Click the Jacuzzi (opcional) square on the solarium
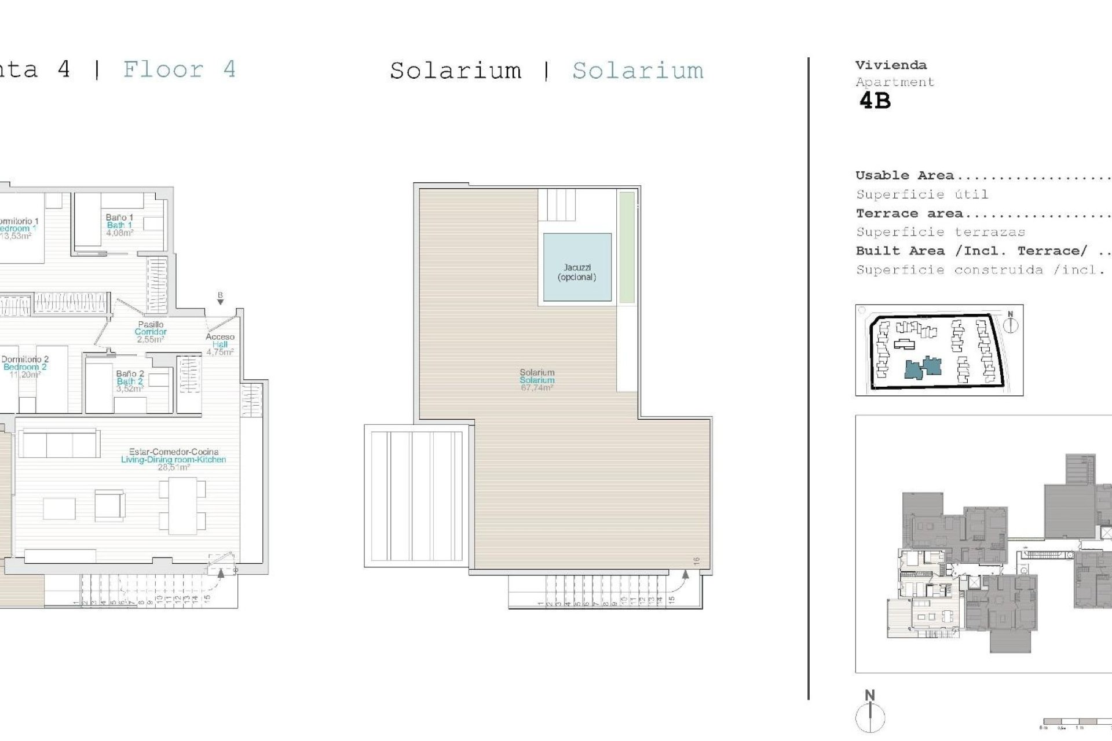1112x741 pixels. pyautogui.click(x=577, y=267)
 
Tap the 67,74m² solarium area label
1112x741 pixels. pyautogui.click(x=537, y=388)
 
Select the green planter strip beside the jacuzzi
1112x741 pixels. pyautogui.click(x=627, y=247)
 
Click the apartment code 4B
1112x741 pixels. pyautogui.click(x=875, y=101)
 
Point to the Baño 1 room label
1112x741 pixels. pyautogui.click(x=119, y=218)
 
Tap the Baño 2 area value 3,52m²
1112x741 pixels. pyautogui.click(x=129, y=389)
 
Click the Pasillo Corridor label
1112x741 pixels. pyautogui.click(x=151, y=328)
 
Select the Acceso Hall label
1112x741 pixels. pyautogui.click(x=220, y=340)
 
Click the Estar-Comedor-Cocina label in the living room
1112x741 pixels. pyautogui.click(x=174, y=452)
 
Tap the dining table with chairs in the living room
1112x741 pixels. pyautogui.click(x=182, y=505)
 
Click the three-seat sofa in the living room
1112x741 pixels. pyautogui.click(x=59, y=444)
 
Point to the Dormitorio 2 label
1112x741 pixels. pyautogui.click(x=25, y=360)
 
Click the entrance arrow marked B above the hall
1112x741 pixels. pyautogui.click(x=220, y=298)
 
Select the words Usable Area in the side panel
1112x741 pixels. pyautogui.click(x=904, y=175)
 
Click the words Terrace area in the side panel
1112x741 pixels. pyautogui.click(x=909, y=214)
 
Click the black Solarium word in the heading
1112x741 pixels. pyautogui.click(x=455, y=71)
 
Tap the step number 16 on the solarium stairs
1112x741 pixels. pyautogui.click(x=696, y=560)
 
